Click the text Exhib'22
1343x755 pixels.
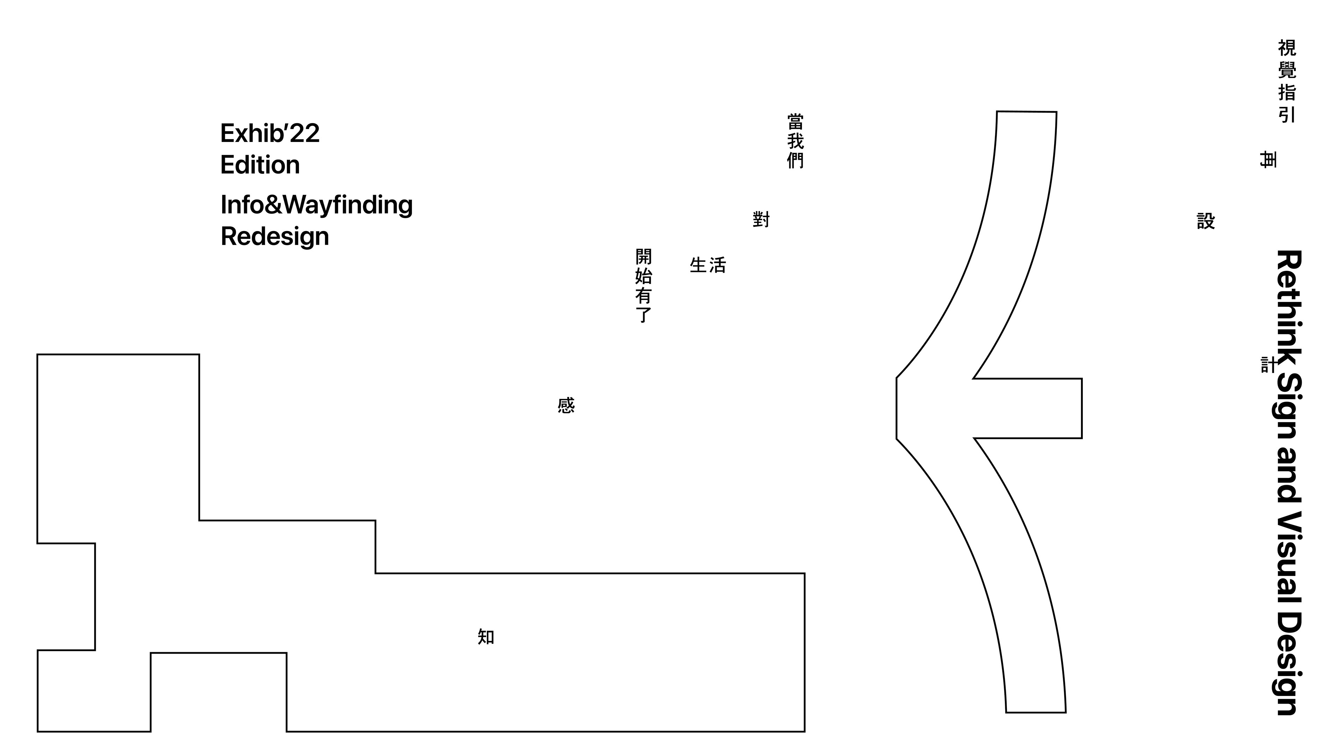270,134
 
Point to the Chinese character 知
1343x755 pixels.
486,637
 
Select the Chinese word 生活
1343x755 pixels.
708,265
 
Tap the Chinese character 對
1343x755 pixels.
761,220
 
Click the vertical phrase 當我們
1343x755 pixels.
795,141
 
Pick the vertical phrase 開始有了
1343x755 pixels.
644,286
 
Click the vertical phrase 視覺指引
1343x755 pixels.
1287,81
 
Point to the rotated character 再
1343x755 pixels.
1268,159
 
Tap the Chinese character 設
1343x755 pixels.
1206,221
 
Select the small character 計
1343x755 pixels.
1268,365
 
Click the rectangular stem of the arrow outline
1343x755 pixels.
1037,409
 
